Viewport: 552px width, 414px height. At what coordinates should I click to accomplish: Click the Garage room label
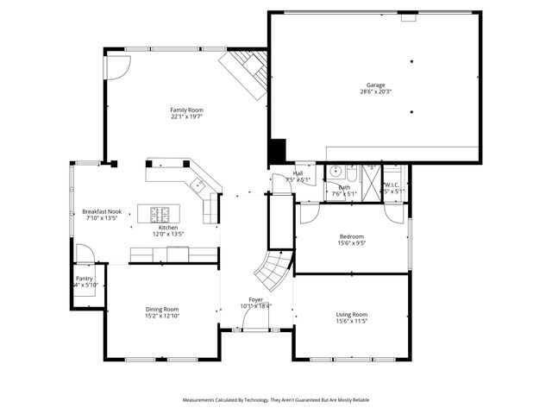(x=375, y=85)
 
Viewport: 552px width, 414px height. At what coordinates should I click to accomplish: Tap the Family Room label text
(x=186, y=110)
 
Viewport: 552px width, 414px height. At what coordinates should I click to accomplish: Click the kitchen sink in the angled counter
(x=198, y=183)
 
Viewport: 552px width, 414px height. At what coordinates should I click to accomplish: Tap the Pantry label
(x=85, y=279)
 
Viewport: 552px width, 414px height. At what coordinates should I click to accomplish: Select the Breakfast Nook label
(x=101, y=211)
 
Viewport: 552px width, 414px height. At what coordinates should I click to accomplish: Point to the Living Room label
(x=352, y=314)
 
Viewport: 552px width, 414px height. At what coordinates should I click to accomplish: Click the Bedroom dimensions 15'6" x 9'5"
(x=352, y=243)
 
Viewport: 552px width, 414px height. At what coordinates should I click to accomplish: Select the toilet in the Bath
(x=352, y=170)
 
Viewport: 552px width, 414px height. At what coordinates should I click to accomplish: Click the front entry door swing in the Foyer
(x=255, y=321)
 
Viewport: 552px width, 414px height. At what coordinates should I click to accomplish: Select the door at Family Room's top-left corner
(x=119, y=66)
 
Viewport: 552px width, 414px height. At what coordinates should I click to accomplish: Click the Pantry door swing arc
(x=85, y=254)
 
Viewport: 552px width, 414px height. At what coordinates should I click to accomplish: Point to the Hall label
(x=298, y=173)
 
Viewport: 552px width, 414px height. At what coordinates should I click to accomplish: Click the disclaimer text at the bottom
(x=275, y=400)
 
